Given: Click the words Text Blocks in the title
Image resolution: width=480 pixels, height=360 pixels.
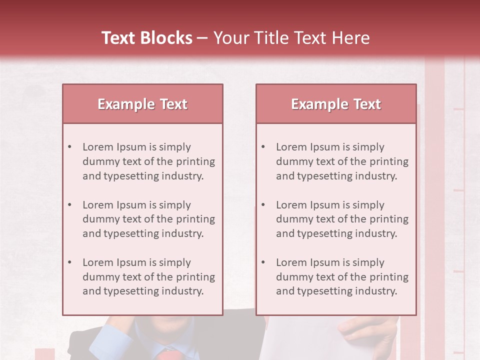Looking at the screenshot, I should (146, 38).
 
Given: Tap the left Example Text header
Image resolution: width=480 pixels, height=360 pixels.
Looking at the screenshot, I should (142, 104).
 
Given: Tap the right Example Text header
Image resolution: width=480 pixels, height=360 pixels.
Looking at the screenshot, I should (336, 104).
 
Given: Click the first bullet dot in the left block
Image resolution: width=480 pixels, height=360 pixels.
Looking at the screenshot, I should (70, 147).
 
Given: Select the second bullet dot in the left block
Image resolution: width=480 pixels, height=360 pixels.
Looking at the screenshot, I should (70, 205).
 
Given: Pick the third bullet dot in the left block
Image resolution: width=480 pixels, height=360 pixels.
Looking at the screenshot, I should (70, 262).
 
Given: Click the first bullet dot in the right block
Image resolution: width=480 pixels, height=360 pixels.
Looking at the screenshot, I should (263, 147).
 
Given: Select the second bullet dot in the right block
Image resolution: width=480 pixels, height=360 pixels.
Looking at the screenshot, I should (263, 205).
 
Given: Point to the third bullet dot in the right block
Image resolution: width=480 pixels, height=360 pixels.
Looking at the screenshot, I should (263, 262).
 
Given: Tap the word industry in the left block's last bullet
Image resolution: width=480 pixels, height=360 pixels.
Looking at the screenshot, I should (182, 291).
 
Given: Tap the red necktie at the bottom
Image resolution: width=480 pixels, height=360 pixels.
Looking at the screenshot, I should (168, 355).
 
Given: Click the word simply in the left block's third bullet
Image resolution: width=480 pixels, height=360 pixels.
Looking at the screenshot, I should (175, 262).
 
